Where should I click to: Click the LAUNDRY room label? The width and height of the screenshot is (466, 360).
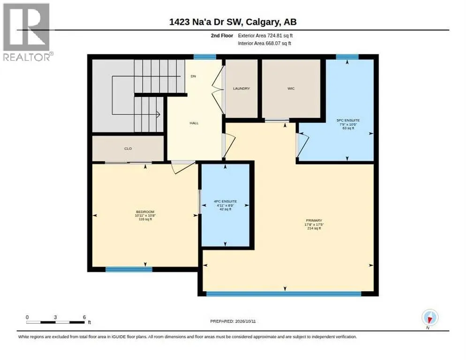241,89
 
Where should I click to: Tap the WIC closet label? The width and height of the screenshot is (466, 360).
291,89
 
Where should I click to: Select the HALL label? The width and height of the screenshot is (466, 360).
194,123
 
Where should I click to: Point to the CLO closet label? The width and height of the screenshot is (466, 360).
128,149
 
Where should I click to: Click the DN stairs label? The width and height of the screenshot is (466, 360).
194,76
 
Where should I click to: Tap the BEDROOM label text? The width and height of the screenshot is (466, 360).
145,212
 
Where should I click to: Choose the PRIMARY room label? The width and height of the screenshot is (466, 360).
314,221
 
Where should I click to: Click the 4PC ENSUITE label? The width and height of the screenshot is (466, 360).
225,202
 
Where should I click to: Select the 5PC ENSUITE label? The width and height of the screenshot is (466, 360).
348,120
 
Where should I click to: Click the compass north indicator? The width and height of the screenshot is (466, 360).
430,318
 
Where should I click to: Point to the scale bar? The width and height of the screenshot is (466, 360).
56,322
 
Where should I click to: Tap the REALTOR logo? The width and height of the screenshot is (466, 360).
27,32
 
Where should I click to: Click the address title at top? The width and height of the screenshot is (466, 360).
233,22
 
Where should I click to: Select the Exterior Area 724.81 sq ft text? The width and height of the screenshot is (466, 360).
265,36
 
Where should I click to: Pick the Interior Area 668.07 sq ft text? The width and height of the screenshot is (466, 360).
264,44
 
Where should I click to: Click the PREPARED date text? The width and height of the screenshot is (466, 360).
233,322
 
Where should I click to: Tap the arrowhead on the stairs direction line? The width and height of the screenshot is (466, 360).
158,114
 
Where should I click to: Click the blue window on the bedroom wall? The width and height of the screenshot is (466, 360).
129,270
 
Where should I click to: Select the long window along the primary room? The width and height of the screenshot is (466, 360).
284,294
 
